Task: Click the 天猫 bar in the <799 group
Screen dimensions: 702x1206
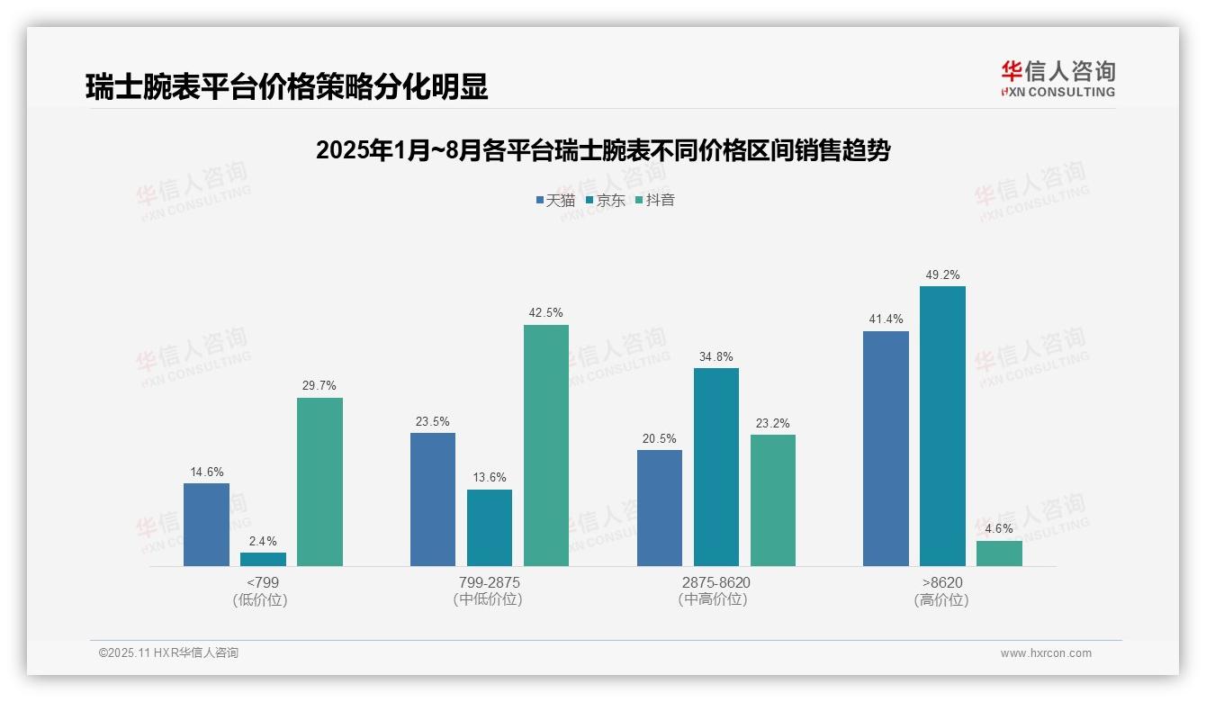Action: point(206,525)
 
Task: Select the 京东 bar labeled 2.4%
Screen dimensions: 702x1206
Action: point(263,559)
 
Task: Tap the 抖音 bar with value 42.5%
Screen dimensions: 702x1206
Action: point(546,445)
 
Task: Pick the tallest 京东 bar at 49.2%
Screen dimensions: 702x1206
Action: point(942,426)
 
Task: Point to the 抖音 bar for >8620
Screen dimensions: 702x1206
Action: point(999,553)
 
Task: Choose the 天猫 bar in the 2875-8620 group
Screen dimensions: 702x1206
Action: point(660,508)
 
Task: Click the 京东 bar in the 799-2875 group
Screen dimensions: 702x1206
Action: point(490,527)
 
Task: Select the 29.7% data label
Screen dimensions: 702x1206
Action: point(319,386)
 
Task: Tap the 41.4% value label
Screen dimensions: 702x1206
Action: point(886,319)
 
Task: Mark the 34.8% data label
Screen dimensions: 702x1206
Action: point(716,356)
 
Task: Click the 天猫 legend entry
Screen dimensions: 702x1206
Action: point(555,201)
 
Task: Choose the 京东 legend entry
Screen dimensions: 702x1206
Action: point(606,201)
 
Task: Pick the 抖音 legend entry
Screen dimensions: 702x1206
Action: point(655,201)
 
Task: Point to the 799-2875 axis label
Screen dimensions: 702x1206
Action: point(489,582)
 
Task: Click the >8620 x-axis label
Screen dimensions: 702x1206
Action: point(941,582)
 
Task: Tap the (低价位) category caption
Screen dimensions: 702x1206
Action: point(260,599)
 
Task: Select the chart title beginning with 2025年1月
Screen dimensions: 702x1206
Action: point(603,151)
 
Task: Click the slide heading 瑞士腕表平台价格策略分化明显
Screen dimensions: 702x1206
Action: point(287,87)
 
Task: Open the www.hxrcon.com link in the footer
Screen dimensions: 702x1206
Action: point(1046,653)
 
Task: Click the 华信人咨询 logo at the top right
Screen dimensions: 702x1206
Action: point(1057,78)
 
